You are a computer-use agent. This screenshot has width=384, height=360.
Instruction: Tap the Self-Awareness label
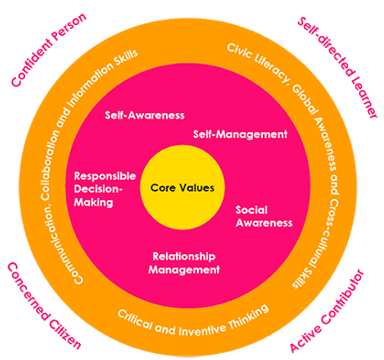tap(145, 117)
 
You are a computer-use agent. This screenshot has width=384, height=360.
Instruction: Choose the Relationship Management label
tap(184, 262)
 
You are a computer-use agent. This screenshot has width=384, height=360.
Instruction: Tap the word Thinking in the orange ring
tap(245, 311)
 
